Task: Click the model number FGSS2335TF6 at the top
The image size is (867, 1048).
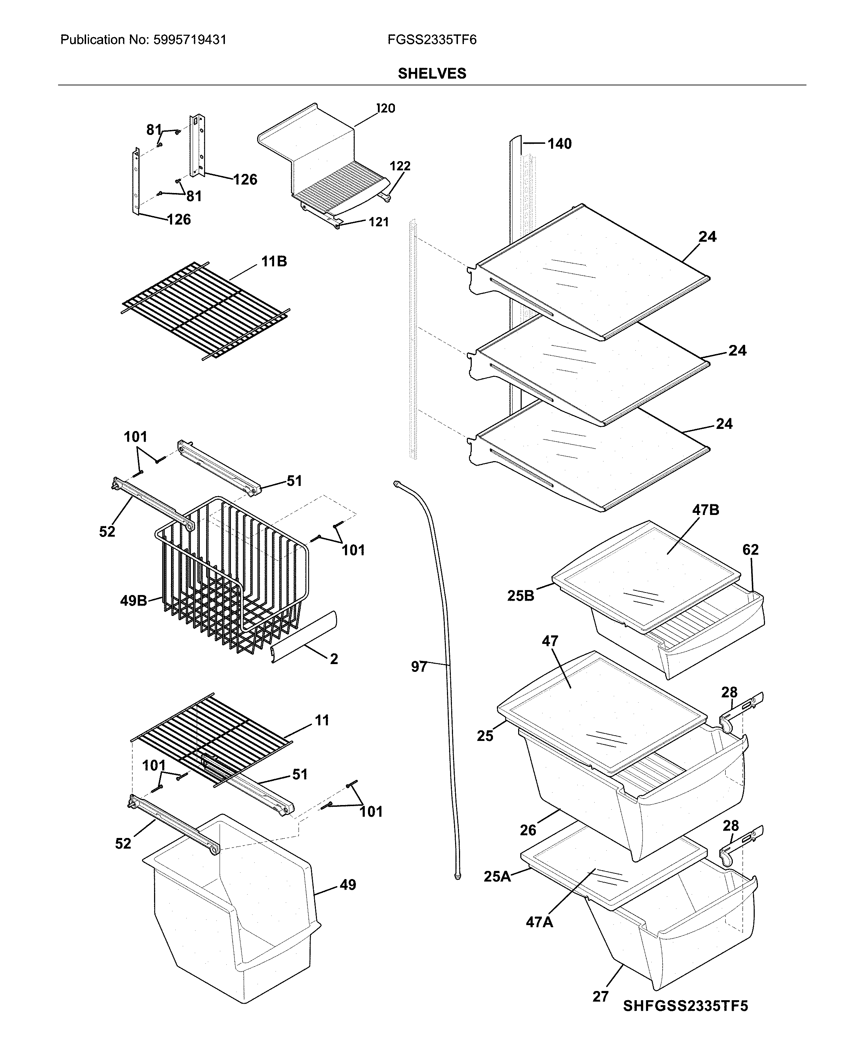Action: (x=432, y=40)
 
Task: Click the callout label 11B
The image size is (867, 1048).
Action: (x=274, y=261)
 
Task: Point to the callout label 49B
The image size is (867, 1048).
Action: (x=133, y=600)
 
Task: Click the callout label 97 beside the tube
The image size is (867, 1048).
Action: (x=419, y=666)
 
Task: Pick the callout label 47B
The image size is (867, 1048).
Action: (x=705, y=510)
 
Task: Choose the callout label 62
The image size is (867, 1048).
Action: (x=750, y=549)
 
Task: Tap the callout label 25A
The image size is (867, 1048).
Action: (x=497, y=876)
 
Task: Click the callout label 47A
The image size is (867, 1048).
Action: (x=539, y=922)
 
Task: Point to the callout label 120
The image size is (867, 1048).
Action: (x=385, y=108)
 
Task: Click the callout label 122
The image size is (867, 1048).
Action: (x=400, y=166)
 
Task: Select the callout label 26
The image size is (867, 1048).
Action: (x=528, y=830)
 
